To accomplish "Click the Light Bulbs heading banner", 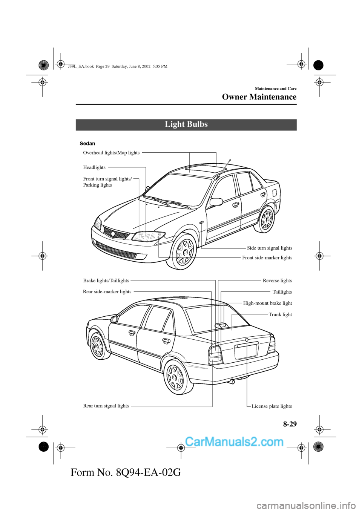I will pos(186,124).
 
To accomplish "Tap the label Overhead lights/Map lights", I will pos(111,153).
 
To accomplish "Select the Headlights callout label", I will pos(94,167).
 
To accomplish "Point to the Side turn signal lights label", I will pos(269,248).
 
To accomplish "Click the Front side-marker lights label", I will pos(267,258).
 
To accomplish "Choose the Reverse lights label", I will pos(277,281).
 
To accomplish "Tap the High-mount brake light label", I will pos(267,303).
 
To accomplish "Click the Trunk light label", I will pos(280,314).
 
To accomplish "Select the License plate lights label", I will pos(271,406).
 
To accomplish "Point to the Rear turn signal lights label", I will pos(106,406).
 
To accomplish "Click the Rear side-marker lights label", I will pos(107,291).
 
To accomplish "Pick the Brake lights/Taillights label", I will pos(106,281).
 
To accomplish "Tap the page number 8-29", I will pos(290,424).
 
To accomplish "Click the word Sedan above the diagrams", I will pos(87,144).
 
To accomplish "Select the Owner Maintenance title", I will pos(259,97).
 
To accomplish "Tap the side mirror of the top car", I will pos(216,202).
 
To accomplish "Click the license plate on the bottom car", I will pos(246,351).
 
